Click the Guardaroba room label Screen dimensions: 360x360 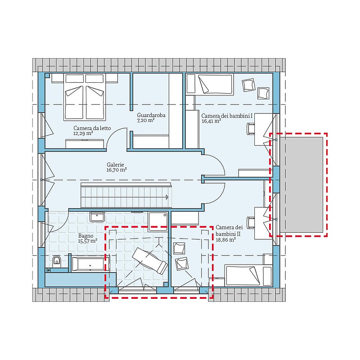tap(151, 115)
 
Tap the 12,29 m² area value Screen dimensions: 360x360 tap(83, 133)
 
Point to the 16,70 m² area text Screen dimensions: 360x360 tap(117, 170)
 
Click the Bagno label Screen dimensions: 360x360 tap(86, 236)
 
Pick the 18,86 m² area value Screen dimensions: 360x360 tap(226, 240)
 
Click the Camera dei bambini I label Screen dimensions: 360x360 tap(227, 116)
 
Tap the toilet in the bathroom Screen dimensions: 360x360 tap(57, 261)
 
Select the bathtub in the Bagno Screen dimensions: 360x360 tap(90, 264)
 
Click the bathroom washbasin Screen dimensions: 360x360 tap(97, 216)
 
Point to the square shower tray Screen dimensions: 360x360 tap(158, 221)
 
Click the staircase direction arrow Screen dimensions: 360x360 tap(167, 197)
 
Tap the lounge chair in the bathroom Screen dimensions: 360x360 tap(150, 261)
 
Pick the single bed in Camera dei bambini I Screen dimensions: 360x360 tap(210, 84)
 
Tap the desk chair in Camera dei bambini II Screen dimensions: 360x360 tap(251, 223)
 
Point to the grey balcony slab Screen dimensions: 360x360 tap(301, 184)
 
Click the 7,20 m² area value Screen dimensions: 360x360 tap(145, 121)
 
